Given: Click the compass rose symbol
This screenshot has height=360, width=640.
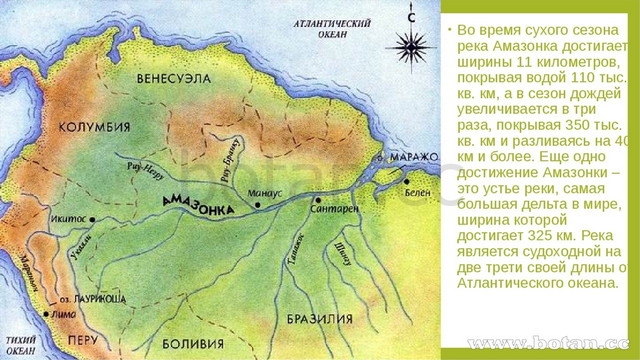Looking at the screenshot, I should click(410, 45).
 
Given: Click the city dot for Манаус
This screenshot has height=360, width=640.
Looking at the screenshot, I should click(259, 205).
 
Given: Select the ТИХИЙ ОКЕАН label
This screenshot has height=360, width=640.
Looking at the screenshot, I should click(20, 343).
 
